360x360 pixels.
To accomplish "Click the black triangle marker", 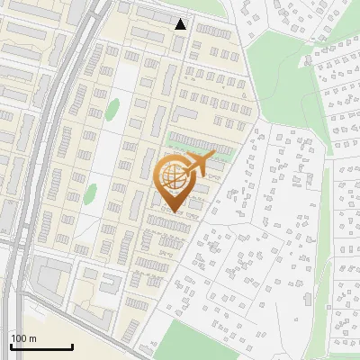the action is tap(181, 23).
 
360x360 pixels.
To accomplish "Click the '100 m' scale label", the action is tap(23, 337).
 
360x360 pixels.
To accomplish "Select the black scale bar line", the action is tap(41, 346).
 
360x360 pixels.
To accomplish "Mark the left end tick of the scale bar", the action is tap(11, 346).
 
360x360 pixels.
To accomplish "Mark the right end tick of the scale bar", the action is tap(72, 346).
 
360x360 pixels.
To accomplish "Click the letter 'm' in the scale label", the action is tap(32, 337).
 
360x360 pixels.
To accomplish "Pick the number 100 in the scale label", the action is tap(19, 337).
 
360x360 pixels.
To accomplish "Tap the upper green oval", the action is tap(112, 111).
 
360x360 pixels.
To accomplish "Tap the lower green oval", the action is tap(91, 192).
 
